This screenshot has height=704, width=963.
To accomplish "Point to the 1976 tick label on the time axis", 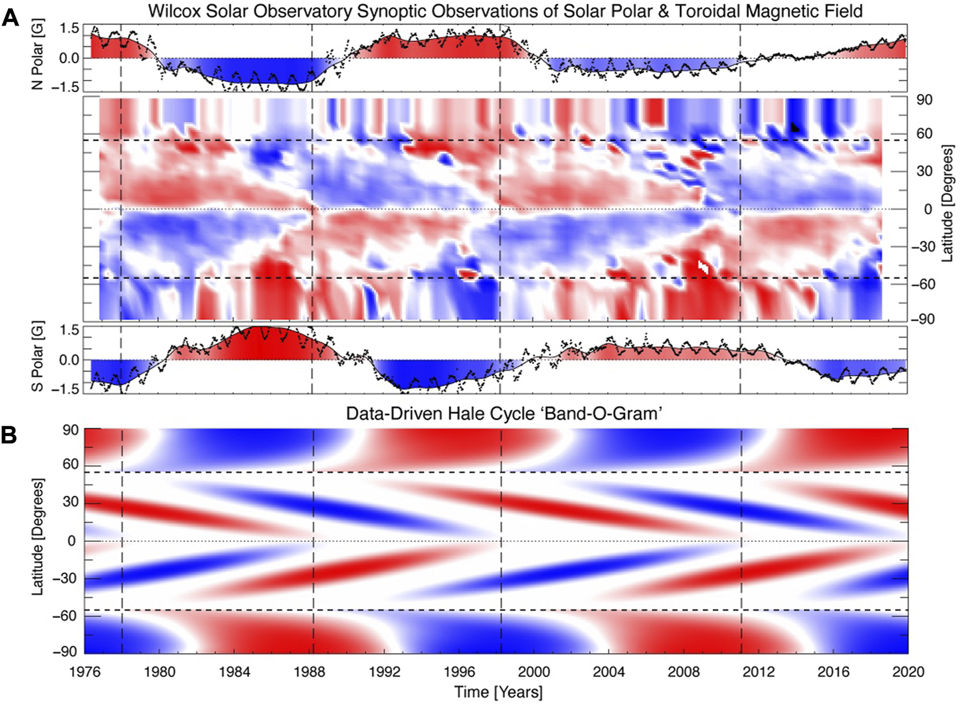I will point(85,672).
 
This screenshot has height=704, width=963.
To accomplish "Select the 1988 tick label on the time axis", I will point(309,672).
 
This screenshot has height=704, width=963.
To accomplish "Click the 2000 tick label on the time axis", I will point(534,672).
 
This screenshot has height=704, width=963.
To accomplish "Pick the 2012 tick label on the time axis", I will point(758,672).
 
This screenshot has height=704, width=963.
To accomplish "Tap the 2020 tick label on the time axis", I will point(908,672).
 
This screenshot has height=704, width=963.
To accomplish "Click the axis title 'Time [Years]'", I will point(498,692).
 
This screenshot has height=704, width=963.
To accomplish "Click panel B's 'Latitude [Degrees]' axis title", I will point(38,537).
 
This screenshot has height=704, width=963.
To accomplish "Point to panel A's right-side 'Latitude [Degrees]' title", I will point(947,203).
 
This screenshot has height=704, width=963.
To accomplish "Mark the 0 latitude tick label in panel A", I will point(928,209).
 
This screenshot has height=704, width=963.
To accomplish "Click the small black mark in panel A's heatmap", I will point(795,127).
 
